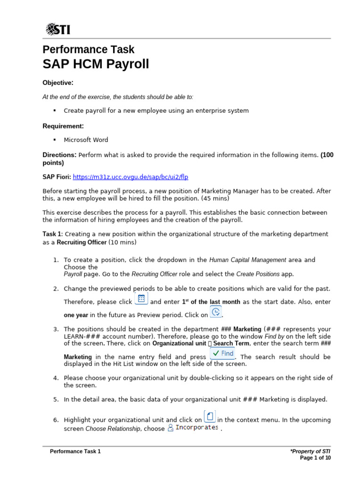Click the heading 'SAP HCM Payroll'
(96, 64)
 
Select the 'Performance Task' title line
(88, 49)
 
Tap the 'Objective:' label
(58, 83)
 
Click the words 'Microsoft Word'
(86, 140)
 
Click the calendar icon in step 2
(141, 299)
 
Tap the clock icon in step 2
(215, 312)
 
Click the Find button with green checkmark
(222, 354)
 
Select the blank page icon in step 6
(210, 416)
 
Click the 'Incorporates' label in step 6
(197, 427)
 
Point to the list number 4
(56, 378)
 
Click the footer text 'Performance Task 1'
(75, 451)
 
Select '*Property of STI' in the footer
(311, 451)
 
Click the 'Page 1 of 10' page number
(315, 458)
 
